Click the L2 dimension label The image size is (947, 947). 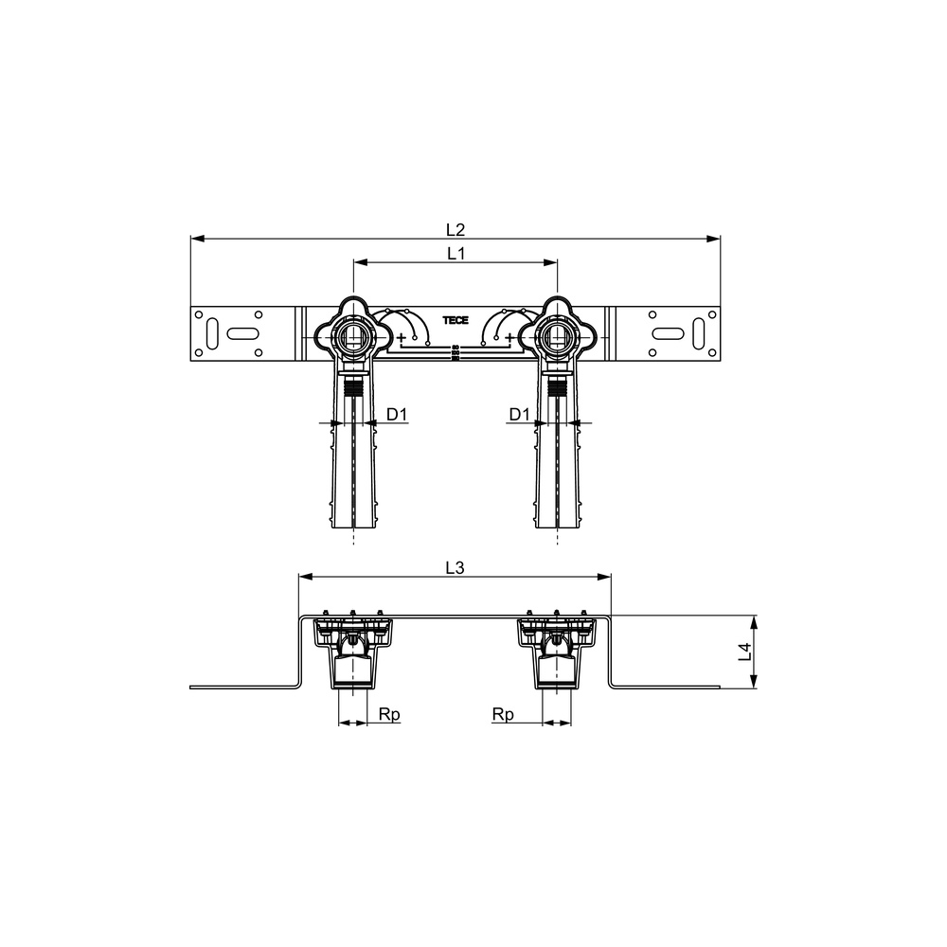tap(456, 229)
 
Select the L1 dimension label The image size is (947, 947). tap(456, 254)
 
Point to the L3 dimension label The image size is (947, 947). tap(455, 567)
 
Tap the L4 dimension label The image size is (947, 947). tap(746, 652)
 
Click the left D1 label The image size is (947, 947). tap(398, 415)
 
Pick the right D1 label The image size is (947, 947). tap(519, 415)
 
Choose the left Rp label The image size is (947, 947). tap(389, 714)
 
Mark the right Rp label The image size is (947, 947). tap(503, 714)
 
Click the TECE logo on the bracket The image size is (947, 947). tap(456, 320)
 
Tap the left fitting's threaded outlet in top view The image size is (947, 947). tap(353, 334)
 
